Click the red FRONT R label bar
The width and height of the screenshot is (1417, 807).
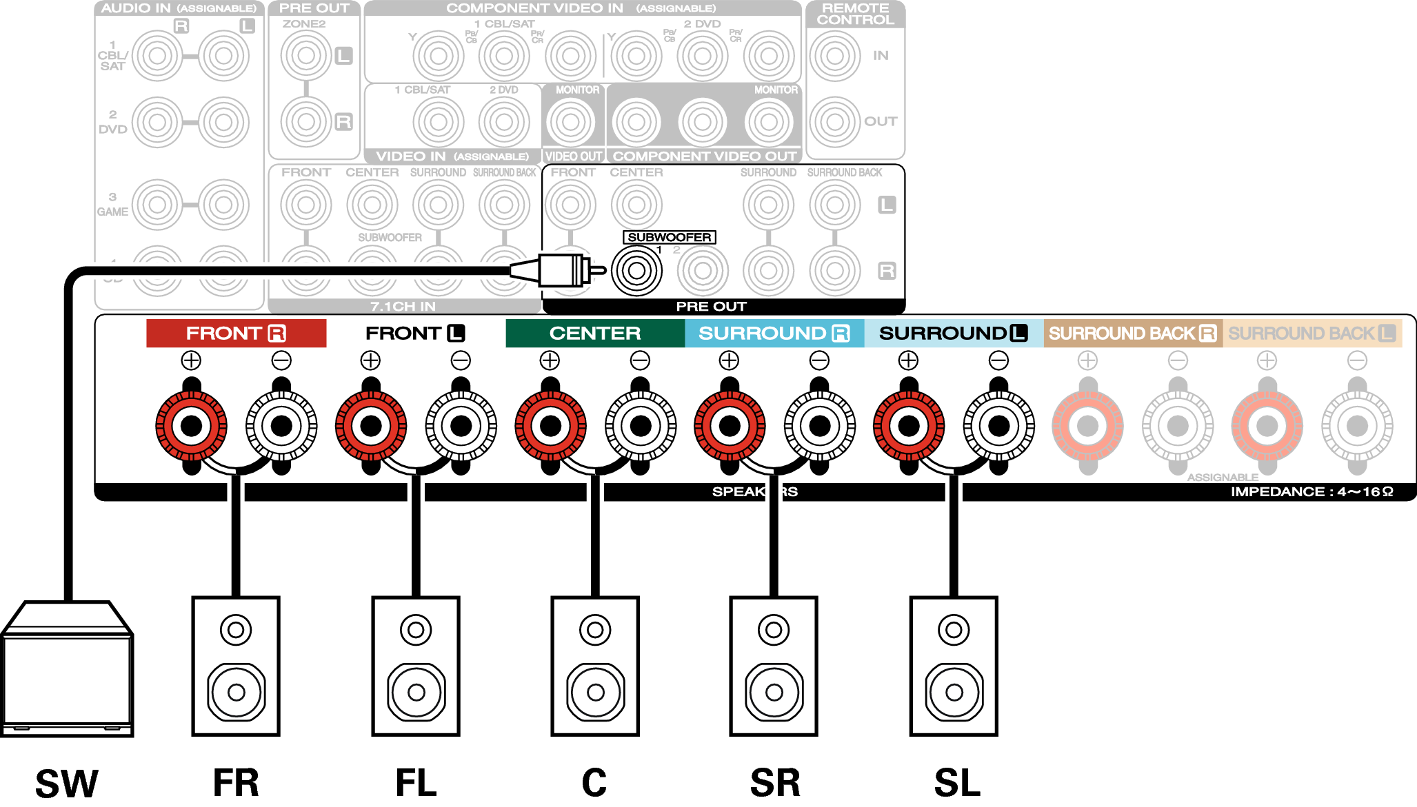236,334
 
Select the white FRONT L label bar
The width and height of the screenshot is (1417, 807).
415,334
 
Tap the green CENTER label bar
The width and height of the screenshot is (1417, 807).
595,334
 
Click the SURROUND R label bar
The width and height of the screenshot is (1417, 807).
774,334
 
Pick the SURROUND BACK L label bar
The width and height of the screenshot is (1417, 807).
1312,334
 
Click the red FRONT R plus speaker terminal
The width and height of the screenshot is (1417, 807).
191,426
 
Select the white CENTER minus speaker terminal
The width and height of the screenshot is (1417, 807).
641,426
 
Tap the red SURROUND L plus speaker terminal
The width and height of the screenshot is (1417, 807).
909,426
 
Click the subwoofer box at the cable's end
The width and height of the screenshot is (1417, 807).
67,679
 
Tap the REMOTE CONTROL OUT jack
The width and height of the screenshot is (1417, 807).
834,122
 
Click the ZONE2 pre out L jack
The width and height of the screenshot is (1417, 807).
306,56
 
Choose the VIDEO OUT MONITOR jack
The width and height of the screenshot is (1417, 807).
570,122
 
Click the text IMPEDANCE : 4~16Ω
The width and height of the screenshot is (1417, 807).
1312,491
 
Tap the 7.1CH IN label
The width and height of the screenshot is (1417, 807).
403,306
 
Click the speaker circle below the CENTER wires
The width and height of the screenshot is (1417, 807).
596,692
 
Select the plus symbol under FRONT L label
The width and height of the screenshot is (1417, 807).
370,360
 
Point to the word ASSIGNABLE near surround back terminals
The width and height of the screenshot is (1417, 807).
1223,477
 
